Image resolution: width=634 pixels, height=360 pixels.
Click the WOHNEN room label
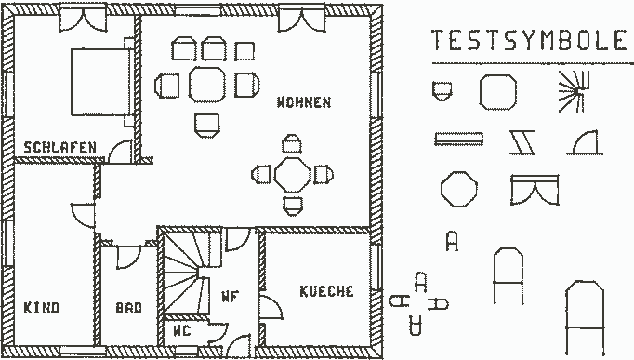point(304,102)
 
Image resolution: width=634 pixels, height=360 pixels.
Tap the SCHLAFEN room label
point(59,147)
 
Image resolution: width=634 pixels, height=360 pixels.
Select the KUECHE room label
point(326,291)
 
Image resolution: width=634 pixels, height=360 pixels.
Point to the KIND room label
point(41,307)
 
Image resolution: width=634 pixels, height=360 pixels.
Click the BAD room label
point(128,308)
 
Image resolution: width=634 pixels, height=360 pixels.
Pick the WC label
point(181,331)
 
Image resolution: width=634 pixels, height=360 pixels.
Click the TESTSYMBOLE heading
point(529,40)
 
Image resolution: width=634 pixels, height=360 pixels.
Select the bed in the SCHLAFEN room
point(101,82)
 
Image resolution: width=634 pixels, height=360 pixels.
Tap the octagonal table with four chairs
point(292,175)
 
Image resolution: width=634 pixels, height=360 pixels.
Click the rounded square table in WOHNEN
point(206,85)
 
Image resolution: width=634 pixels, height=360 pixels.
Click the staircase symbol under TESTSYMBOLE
point(574,92)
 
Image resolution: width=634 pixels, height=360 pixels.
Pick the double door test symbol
point(535,190)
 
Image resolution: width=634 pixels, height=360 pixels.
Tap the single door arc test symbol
point(585,142)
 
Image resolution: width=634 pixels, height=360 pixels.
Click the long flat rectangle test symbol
point(458,139)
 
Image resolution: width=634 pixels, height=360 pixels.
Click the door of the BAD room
point(128,257)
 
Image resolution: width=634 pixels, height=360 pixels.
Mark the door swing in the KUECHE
point(271,307)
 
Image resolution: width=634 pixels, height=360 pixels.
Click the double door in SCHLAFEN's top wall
point(84,20)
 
